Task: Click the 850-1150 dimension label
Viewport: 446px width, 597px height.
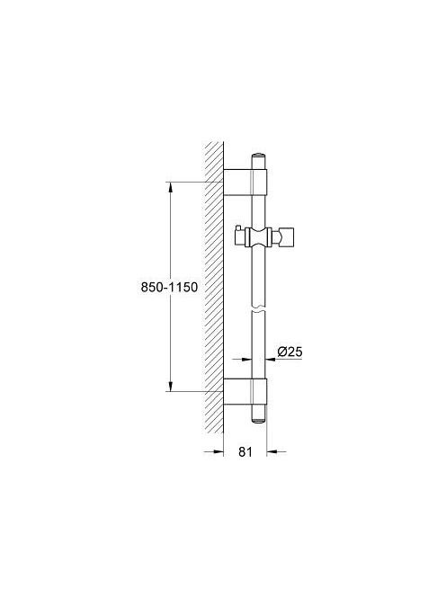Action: pos(169,287)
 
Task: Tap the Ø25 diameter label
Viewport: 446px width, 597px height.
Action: pos(290,352)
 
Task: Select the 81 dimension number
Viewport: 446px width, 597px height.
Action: pos(245,451)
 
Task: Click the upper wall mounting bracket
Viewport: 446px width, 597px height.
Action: pos(245,182)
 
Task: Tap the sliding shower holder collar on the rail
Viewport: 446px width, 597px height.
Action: pos(259,238)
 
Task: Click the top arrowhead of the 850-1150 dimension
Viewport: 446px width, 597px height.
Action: pos(171,188)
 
